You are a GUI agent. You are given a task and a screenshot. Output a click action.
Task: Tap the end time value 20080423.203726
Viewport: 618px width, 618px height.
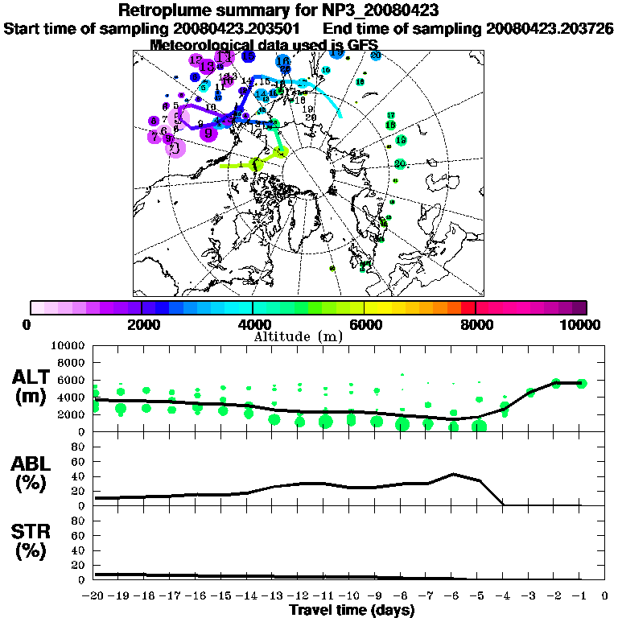pyautogui.click(x=550, y=28)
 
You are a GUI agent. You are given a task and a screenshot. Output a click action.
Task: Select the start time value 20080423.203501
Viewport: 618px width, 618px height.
pyautogui.click(x=241, y=28)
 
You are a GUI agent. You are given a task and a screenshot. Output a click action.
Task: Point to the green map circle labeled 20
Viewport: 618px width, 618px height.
pyautogui.click(x=400, y=164)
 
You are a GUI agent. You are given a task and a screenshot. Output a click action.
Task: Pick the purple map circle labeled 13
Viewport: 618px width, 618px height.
pyautogui.click(x=208, y=66)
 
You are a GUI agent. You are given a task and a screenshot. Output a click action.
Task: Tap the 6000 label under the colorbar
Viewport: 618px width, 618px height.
pyautogui.click(x=364, y=324)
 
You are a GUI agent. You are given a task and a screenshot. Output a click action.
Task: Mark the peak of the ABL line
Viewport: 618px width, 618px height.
pyautogui.click(x=455, y=473)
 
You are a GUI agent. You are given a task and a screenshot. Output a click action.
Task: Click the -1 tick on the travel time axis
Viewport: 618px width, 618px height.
pyautogui.click(x=581, y=596)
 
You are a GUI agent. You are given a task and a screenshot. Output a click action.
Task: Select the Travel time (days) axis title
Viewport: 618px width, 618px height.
pyautogui.click(x=351, y=610)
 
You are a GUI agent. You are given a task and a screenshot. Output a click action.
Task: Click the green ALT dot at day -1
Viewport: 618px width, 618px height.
pyautogui.click(x=581, y=383)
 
